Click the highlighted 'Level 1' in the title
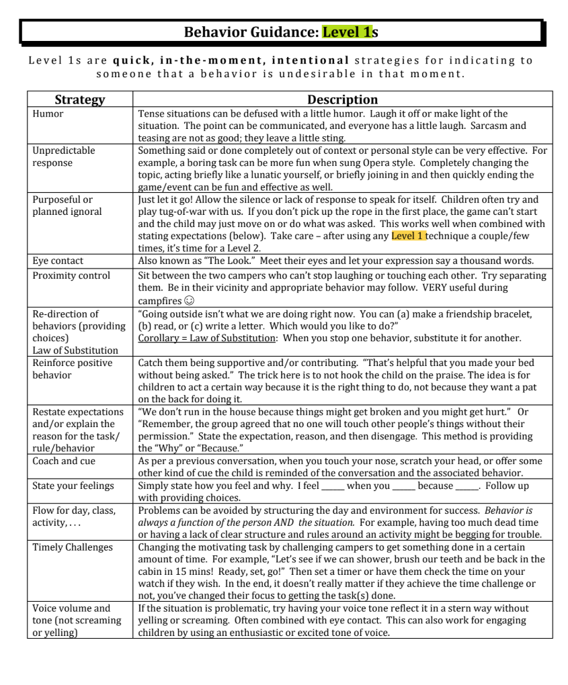[x=347, y=32]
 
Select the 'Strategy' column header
[x=79, y=99]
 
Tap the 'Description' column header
[x=342, y=99]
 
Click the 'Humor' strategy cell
[x=48, y=113]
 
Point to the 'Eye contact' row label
[x=58, y=261]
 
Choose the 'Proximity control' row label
[x=71, y=275]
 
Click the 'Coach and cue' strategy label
[x=64, y=461]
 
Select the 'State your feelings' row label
[x=73, y=486]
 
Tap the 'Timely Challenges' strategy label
[x=73, y=547]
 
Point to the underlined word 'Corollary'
[x=159, y=338]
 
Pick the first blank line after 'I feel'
[x=333, y=486]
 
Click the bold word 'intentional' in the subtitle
[x=311, y=60]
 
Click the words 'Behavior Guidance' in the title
[x=250, y=32]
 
